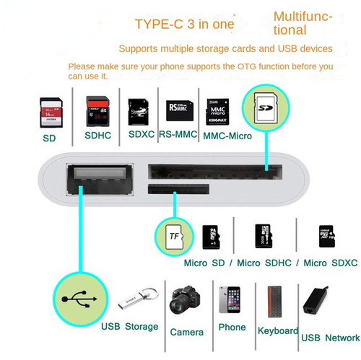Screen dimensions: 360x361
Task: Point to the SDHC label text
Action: [98, 134]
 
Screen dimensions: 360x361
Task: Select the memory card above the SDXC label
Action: [139, 112]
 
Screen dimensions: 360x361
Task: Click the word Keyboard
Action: [277, 330]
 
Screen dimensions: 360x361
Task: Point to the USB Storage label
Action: [129, 327]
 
